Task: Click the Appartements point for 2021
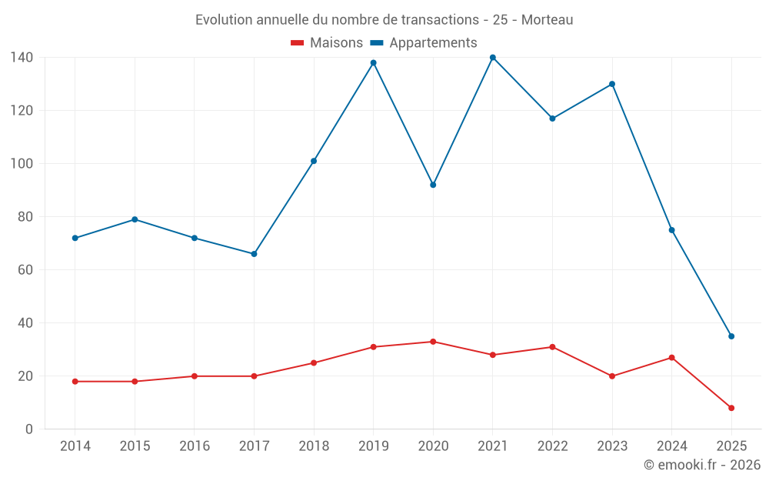coord(493,58)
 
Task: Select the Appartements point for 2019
coord(374,63)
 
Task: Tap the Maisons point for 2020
coord(433,342)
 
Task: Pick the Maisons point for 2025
coord(731,408)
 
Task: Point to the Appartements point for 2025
coord(731,336)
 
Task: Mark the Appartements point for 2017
coord(254,254)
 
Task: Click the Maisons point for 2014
coord(75,382)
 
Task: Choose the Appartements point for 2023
coord(612,84)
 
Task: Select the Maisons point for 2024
coord(671,358)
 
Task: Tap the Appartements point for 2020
coord(433,185)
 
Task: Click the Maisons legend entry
coord(327,43)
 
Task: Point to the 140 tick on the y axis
coord(22,58)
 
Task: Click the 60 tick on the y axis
coord(25,270)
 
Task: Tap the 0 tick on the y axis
coord(28,429)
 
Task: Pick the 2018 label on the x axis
coord(314,446)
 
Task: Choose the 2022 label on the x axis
coord(552,446)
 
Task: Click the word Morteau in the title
coord(547,20)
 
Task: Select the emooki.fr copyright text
coord(702,465)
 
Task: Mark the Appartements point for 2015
coord(135,219)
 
